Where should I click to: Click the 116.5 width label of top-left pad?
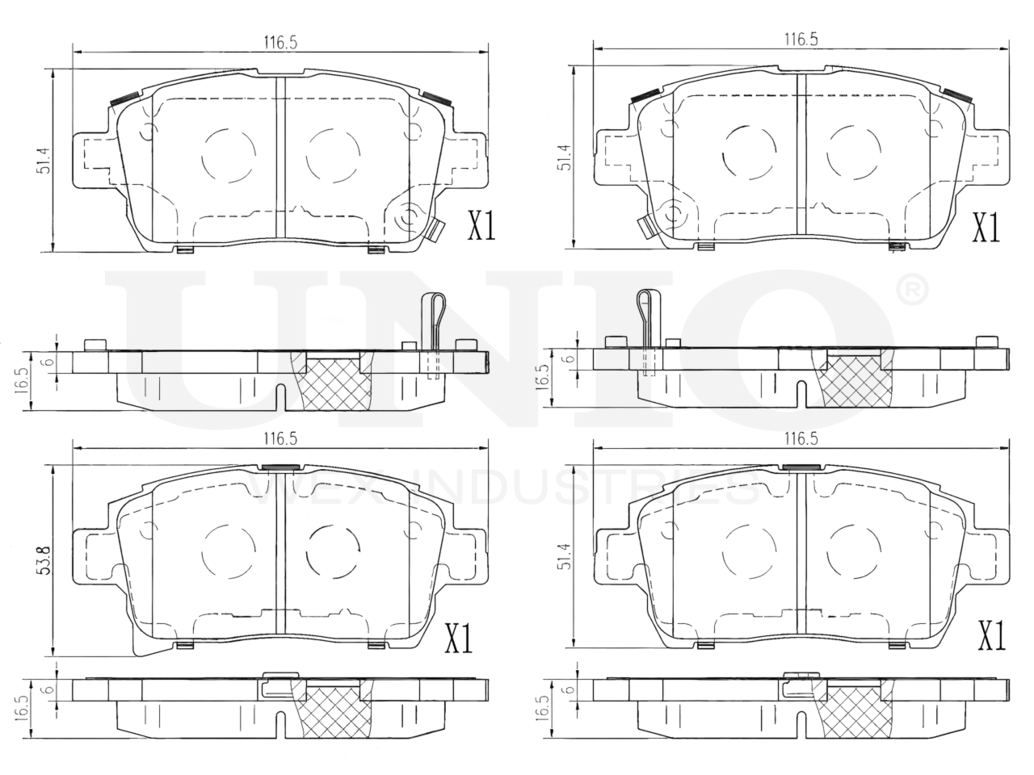point(280,43)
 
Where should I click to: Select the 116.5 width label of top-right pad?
point(801,40)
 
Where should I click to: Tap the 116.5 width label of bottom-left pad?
point(280,439)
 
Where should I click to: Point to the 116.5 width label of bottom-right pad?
point(801,439)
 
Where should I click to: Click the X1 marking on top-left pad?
point(481,226)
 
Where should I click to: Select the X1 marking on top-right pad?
point(986,228)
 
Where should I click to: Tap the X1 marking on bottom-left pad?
point(458,638)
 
